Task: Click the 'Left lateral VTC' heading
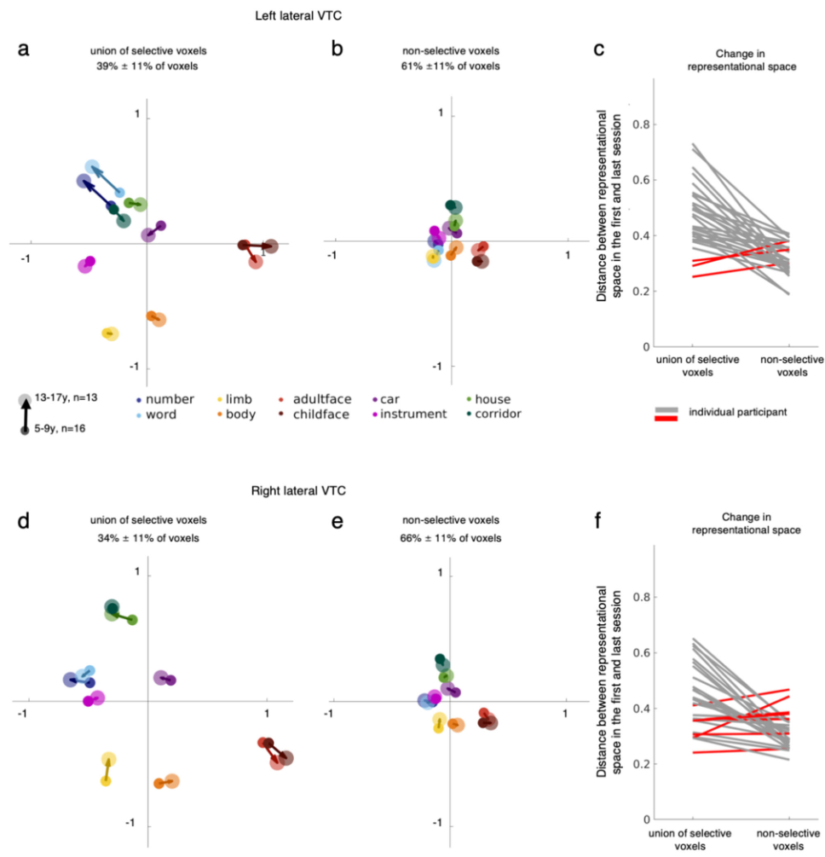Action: pos(298,15)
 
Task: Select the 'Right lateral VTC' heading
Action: pos(298,490)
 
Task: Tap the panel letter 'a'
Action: pos(24,49)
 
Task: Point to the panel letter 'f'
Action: pos(597,520)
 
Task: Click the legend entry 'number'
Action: pos(170,399)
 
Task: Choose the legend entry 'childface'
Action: pos(320,414)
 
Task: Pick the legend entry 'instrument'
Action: pos(413,414)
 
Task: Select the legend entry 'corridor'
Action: pos(498,414)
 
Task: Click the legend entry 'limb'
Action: pos(239,399)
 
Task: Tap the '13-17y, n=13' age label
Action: pos(66,397)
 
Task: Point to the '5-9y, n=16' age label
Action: pos(61,428)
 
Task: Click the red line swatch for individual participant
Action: pos(666,419)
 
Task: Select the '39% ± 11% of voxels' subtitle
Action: pos(147,67)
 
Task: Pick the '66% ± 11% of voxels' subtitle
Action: pos(451,538)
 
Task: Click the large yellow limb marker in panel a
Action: pos(111,334)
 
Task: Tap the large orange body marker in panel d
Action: pos(172,781)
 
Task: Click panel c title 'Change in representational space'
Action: pos(741,61)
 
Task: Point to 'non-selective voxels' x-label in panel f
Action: pos(788,839)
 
